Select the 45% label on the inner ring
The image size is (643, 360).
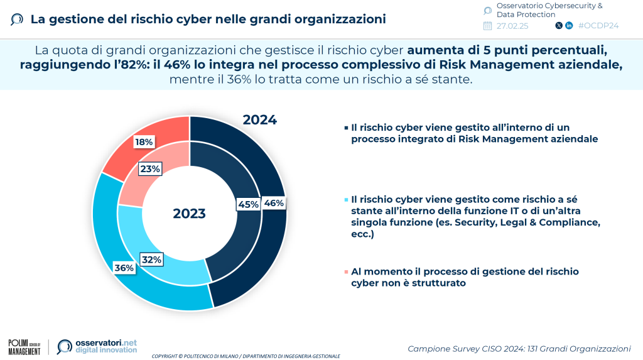pyautogui.click(x=247, y=204)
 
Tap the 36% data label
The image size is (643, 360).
pyautogui.click(x=124, y=268)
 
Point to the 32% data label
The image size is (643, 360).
pyautogui.click(x=151, y=259)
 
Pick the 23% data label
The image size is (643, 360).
pyautogui.click(x=151, y=168)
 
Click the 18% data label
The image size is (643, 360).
pyautogui.click(x=144, y=142)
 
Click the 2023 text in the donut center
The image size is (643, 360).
pyautogui.click(x=189, y=214)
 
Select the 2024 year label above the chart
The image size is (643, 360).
pyautogui.click(x=259, y=119)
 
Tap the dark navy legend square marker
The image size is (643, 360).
pyautogui.click(x=346, y=128)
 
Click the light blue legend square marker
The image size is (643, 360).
pyautogui.click(x=346, y=200)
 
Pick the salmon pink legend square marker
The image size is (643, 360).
pyautogui.click(x=346, y=272)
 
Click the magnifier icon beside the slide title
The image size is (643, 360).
pyautogui.click(x=18, y=19)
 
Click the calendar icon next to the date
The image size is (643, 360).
pyautogui.click(x=487, y=26)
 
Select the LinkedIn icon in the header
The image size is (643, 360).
pyautogui.click(x=569, y=26)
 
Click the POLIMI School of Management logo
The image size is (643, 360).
pyautogui.click(x=24, y=346)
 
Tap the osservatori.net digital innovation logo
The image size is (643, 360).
pyautogui.click(x=97, y=346)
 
